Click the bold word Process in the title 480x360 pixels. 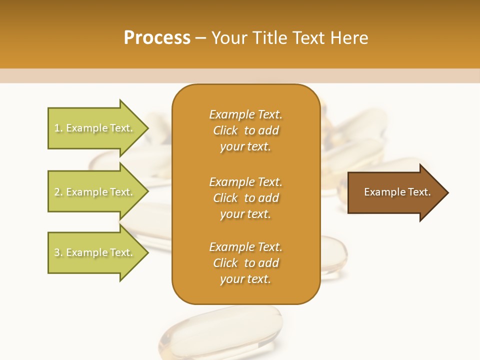(157, 38)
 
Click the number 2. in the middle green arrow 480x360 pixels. (58, 192)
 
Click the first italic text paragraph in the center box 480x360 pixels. (245, 130)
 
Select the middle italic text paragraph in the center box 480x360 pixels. (245, 198)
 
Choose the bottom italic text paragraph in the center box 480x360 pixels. (245, 263)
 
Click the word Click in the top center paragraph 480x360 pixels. (225, 130)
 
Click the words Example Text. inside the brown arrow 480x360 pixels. (397, 192)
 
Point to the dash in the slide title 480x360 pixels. (200, 38)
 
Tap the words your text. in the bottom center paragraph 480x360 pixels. (245, 279)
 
